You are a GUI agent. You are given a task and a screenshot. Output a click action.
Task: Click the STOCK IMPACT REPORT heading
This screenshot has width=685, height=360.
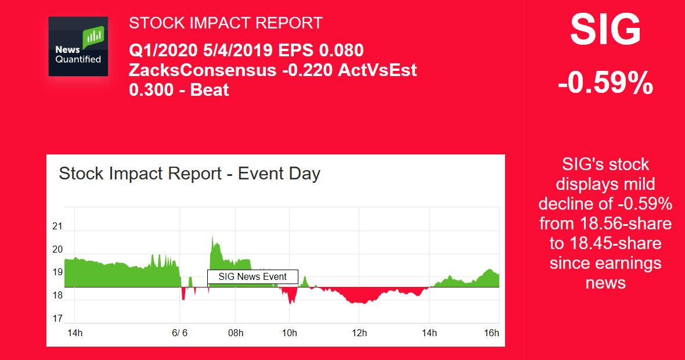pyautogui.click(x=225, y=23)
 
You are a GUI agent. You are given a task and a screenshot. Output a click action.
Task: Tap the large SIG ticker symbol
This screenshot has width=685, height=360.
pyautogui.click(x=605, y=30)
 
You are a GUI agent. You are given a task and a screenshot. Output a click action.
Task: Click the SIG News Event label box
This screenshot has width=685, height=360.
pyautogui.click(x=253, y=277)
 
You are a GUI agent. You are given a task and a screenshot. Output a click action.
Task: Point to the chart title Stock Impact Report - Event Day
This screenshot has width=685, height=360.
pyautogui.click(x=190, y=174)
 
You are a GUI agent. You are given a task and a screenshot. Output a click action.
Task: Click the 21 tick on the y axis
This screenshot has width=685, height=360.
pyautogui.click(x=57, y=226)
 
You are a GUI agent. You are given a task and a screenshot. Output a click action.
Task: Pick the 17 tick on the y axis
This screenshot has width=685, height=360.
pyautogui.click(x=57, y=319)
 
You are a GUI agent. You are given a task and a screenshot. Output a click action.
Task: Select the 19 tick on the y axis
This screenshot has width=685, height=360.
pyautogui.click(x=57, y=272)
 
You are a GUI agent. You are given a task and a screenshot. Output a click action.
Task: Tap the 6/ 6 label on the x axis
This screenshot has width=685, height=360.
pyautogui.click(x=180, y=333)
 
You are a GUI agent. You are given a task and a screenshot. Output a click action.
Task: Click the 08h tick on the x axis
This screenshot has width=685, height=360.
pyautogui.click(x=236, y=333)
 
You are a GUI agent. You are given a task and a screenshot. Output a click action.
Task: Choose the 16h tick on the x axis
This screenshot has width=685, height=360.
pyautogui.click(x=492, y=333)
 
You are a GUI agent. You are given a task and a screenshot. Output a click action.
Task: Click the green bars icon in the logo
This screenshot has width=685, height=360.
pyautogui.click(x=93, y=38)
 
